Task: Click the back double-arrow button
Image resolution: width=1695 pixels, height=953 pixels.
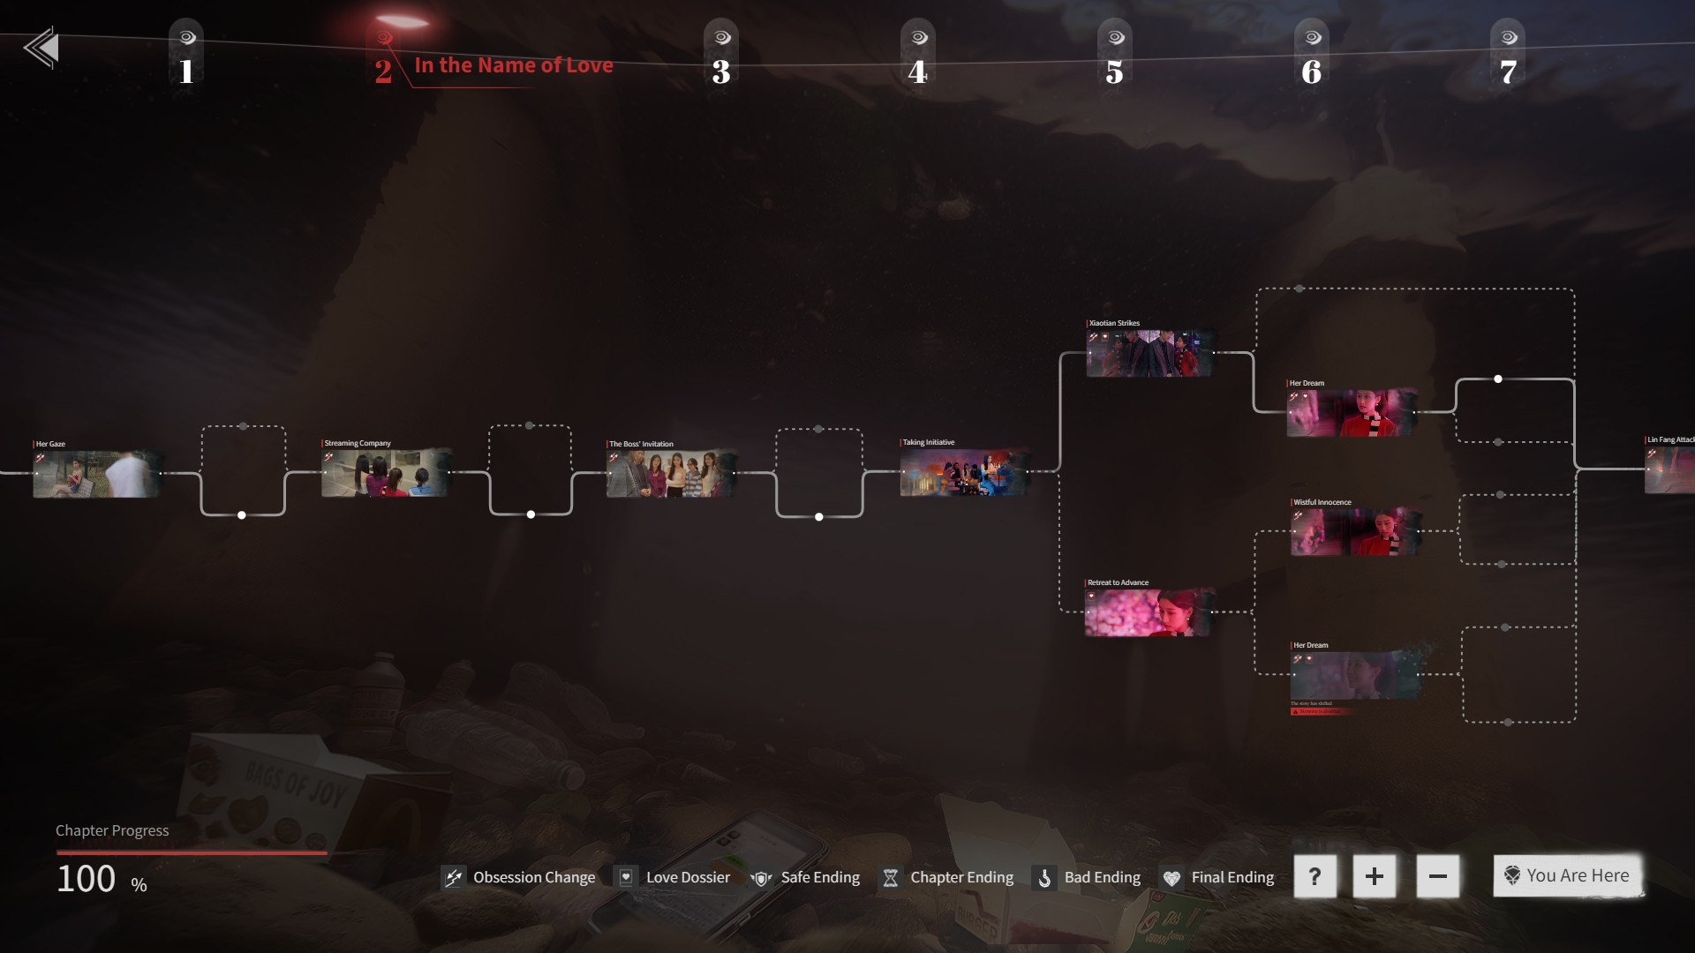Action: click(x=41, y=48)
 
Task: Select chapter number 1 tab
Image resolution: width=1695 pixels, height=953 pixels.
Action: click(x=186, y=71)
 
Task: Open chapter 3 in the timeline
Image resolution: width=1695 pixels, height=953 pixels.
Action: click(x=721, y=71)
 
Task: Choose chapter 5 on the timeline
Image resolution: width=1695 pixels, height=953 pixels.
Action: click(x=1115, y=71)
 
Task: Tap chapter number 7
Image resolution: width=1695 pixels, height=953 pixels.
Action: click(x=1509, y=71)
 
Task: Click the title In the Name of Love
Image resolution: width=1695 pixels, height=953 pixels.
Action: click(x=513, y=65)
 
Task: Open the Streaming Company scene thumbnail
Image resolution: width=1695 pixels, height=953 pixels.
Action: click(x=386, y=473)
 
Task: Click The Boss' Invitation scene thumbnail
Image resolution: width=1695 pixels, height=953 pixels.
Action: click(x=671, y=474)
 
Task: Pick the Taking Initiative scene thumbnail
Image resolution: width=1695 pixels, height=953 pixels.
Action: click(x=964, y=472)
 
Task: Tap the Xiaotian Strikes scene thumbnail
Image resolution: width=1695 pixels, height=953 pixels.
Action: click(x=1149, y=353)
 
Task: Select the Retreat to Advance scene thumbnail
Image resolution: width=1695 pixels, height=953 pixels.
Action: click(x=1148, y=612)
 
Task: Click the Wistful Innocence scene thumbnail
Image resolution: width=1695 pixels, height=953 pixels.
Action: click(x=1354, y=531)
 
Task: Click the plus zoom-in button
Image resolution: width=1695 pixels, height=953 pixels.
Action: click(x=1374, y=876)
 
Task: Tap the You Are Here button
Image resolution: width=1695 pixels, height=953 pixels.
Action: click(x=1568, y=875)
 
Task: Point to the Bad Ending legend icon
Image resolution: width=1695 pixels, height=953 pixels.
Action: click(x=1044, y=878)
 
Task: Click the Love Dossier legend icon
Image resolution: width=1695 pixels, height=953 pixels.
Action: click(x=626, y=877)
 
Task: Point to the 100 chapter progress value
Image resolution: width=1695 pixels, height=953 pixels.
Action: click(x=87, y=879)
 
